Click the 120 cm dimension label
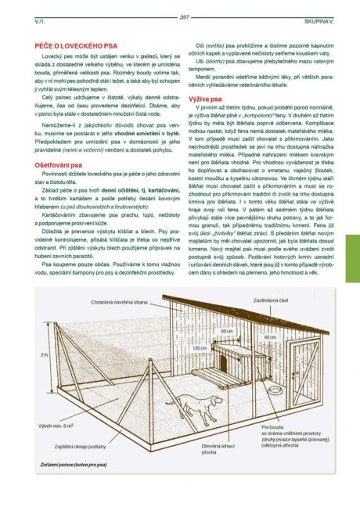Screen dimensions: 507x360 (200, 347)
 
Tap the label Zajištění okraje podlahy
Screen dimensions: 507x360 (78, 446)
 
